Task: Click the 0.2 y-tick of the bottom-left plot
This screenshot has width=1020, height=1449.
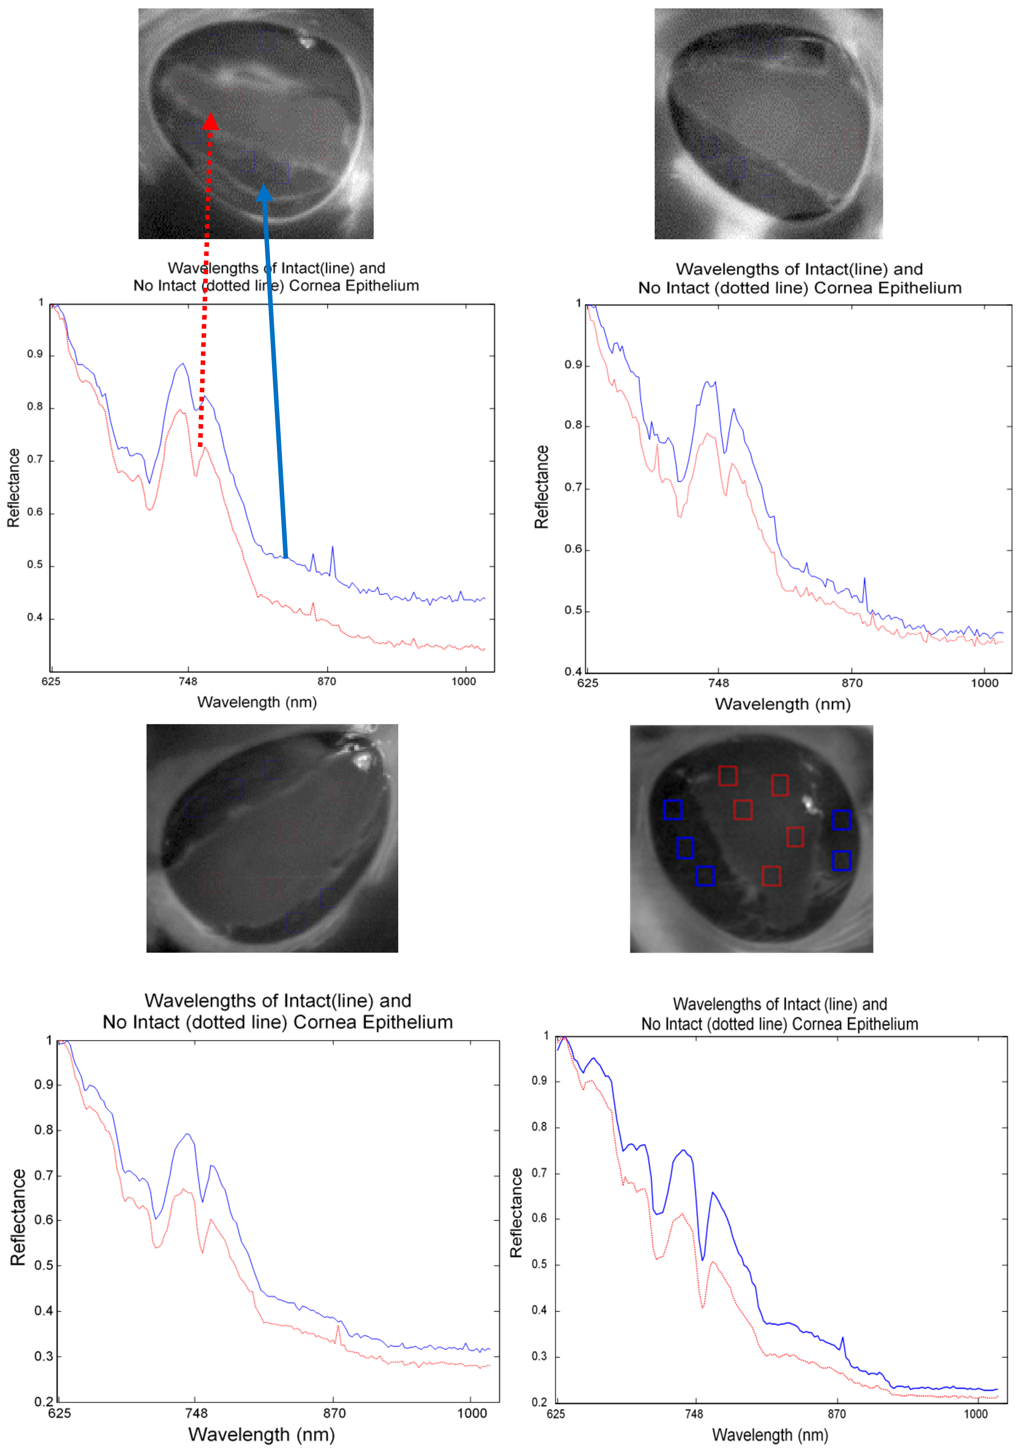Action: click(x=44, y=1402)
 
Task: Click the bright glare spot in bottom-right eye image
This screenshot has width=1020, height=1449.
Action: click(x=807, y=803)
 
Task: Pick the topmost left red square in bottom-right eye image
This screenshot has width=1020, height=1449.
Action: click(x=728, y=776)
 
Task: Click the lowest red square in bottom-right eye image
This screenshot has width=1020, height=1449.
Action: click(x=771, y=876)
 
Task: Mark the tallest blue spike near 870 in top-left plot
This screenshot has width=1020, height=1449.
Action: click(x=333, y=548)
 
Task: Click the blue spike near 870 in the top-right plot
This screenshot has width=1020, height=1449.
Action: click(x=865, y=579)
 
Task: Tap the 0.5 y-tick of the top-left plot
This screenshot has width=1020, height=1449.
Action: click(x=35, y=565)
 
